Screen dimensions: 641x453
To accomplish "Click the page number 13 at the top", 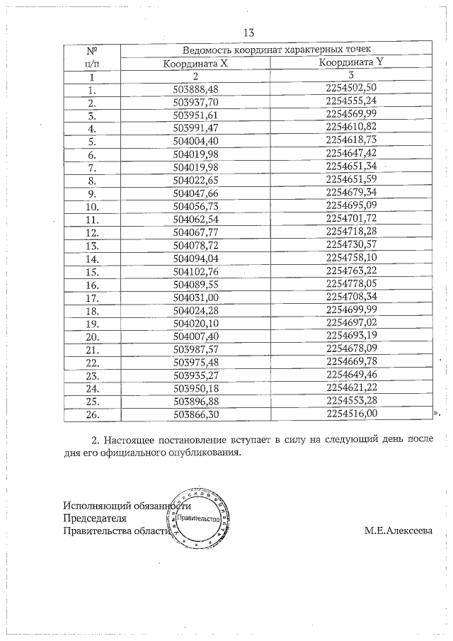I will tap(248, 33).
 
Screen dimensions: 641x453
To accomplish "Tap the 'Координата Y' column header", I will tap(351, 62).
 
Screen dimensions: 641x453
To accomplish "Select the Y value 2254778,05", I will tap(351, 284).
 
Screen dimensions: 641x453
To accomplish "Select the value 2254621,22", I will tap(351, 388).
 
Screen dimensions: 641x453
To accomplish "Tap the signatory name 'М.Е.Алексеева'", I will tap(398, 531).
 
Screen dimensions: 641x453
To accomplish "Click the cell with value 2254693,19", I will tap(351, 336).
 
